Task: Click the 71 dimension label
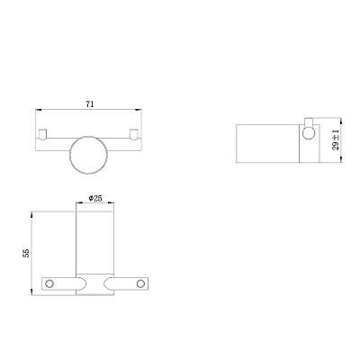(90, 104)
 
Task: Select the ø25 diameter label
(95, 198)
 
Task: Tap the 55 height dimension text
(26, 253)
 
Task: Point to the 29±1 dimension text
(336, 139)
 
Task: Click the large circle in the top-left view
(70, 155)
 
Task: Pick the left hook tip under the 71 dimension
(43, 134)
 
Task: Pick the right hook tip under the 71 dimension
(133, 134)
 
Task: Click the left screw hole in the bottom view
(49, 283)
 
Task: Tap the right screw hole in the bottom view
(140, 283)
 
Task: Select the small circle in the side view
(309, 133)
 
